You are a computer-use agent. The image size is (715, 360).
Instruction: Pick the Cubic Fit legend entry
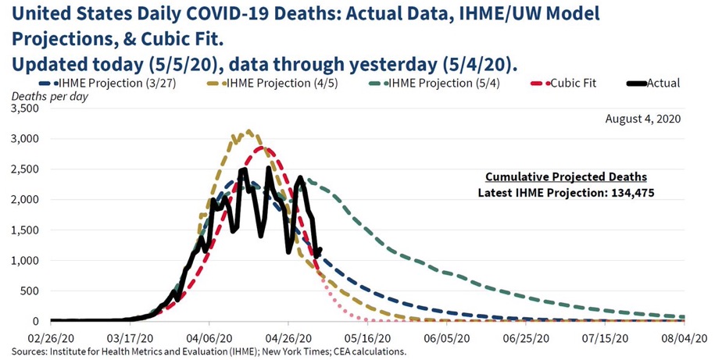coord(570,83)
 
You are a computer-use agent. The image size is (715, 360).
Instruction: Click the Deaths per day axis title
coord(49,96)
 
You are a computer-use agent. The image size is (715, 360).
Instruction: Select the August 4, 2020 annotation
coord(643,119)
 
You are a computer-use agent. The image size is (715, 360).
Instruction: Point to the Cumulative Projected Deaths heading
coord(566,176)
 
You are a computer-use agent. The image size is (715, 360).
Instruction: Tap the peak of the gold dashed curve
coord(248,131)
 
